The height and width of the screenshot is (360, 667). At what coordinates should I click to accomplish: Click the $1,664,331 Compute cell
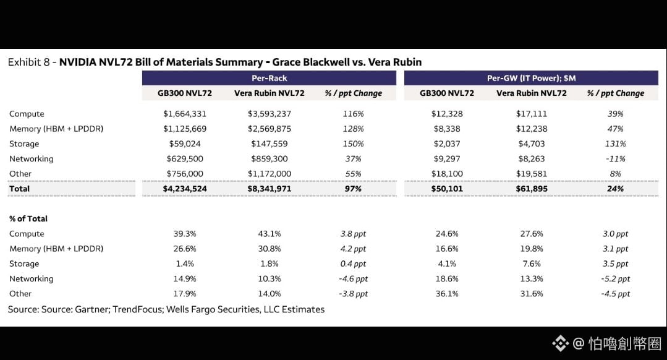pyautogui.click(x=185, y=114)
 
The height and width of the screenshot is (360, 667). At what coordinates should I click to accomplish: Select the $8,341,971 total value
pyautogui.click(x=270, y=189)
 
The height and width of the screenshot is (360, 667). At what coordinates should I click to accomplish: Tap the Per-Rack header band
pyautogui.click(x=269, y=78)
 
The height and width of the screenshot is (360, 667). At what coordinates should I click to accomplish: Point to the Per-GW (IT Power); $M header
pyautogui.click(x=531, y=78)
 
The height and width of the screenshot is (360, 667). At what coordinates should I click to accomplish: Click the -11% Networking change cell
pyautogui.click(x=615, y=159)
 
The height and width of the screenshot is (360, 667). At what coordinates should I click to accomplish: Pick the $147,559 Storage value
pyautogui.click(x=270, y=144)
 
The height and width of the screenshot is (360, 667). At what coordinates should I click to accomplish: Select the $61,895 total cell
pyautogui.click(x=531, y=189)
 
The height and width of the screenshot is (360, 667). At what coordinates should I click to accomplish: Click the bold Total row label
pyautogui.click(x=20, y=189)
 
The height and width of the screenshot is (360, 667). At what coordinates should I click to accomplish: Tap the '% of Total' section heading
pyautogui.click(x=28, y=219)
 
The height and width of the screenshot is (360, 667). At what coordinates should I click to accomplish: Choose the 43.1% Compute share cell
pyautogui.click(x=270, y=234)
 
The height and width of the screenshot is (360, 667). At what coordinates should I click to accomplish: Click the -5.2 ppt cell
pyautogui.click(x=615, y=279)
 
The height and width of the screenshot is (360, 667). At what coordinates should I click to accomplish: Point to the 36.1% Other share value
pyautogui.click(x=447, y=294)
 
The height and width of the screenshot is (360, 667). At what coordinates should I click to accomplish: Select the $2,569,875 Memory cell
pyautogui.click(x=270, y=129)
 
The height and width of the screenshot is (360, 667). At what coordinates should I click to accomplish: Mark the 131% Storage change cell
pyautogui.click(x=615, y=144)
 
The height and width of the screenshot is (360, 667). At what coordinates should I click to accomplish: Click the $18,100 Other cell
pyautogui.click(x=447, y=174)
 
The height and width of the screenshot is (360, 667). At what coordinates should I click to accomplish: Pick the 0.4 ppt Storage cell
pyautogui.click(x=353, y=264)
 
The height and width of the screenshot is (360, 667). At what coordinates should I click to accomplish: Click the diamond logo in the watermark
pyautogui.click(x=560, y=343)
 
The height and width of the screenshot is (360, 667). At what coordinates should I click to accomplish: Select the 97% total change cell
pyautogui.click(x=353, y=189)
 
